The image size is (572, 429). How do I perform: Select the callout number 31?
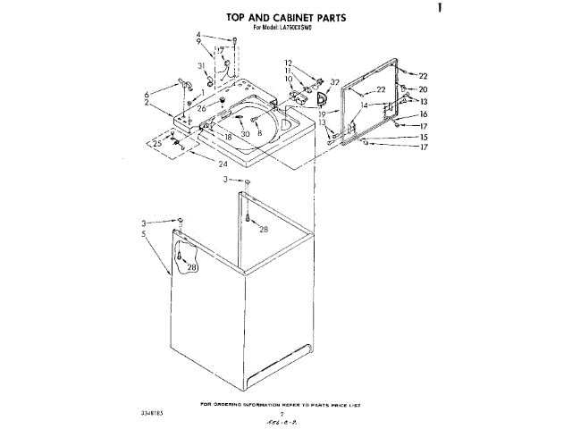202,67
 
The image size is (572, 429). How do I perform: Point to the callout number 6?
145,95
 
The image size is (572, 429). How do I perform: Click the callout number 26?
202,108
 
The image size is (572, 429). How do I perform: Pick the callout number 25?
157,143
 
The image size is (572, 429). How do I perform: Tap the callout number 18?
228,137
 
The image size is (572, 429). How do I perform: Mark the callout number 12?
288,63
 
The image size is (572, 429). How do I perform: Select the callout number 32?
334,82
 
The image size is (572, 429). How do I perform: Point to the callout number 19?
323,115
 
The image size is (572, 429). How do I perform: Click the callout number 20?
423,89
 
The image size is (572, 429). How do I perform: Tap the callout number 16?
423,114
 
